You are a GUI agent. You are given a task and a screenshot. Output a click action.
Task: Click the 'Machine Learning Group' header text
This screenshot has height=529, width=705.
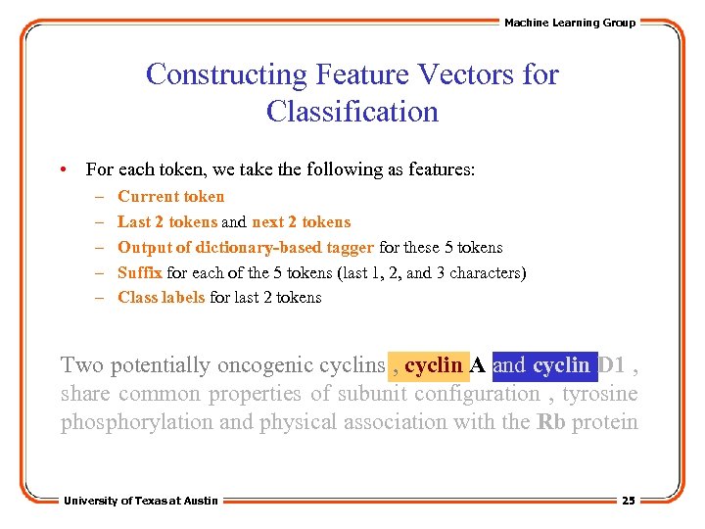coord(569,23)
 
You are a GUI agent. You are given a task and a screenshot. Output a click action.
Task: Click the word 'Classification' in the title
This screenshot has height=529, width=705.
coord(352,112)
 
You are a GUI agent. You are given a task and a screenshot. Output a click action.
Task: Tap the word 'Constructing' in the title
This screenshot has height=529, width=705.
coord(226,74)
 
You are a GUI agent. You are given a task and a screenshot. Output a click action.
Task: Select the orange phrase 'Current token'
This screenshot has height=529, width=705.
coord(170,196)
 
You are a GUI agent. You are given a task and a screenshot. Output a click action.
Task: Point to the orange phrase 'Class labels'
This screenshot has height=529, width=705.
coord(162,297)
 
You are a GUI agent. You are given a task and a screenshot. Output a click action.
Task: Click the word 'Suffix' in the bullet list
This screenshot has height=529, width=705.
coord(140,272)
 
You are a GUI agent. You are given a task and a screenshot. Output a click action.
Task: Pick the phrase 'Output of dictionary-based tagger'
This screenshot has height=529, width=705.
coord(246,247)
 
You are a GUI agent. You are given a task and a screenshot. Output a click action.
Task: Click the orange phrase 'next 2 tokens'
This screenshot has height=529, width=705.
coord(301,221)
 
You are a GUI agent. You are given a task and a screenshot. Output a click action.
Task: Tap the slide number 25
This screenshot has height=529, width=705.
coord(629,501)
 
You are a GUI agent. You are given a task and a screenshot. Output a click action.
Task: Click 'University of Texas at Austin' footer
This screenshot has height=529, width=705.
coord(141,501)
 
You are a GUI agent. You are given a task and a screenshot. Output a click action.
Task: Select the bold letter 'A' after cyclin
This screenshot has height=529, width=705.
coord(478,365)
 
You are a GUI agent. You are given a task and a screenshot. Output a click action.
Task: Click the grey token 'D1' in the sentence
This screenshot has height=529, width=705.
coord(611,365)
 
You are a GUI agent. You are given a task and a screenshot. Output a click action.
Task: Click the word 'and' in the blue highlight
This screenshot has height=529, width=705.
coord(509,365)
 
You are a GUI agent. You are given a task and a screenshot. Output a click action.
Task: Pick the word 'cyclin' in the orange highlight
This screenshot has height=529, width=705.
coord(433,365)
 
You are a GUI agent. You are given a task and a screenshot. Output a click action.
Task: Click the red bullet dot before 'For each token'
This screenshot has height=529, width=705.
coord(63,169)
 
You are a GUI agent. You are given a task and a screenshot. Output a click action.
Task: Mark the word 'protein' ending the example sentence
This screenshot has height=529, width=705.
coord(605,422)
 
